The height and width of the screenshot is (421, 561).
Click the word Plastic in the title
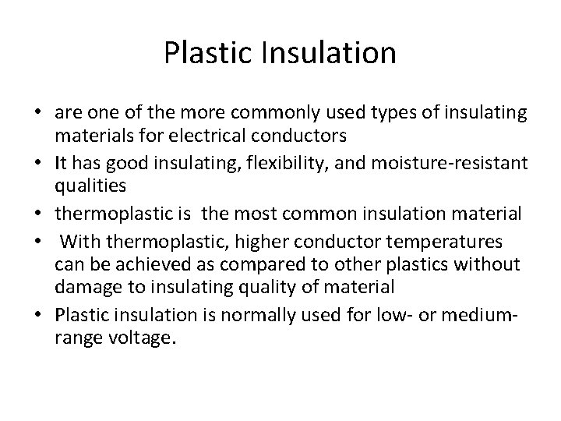click(x=202, y=53)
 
